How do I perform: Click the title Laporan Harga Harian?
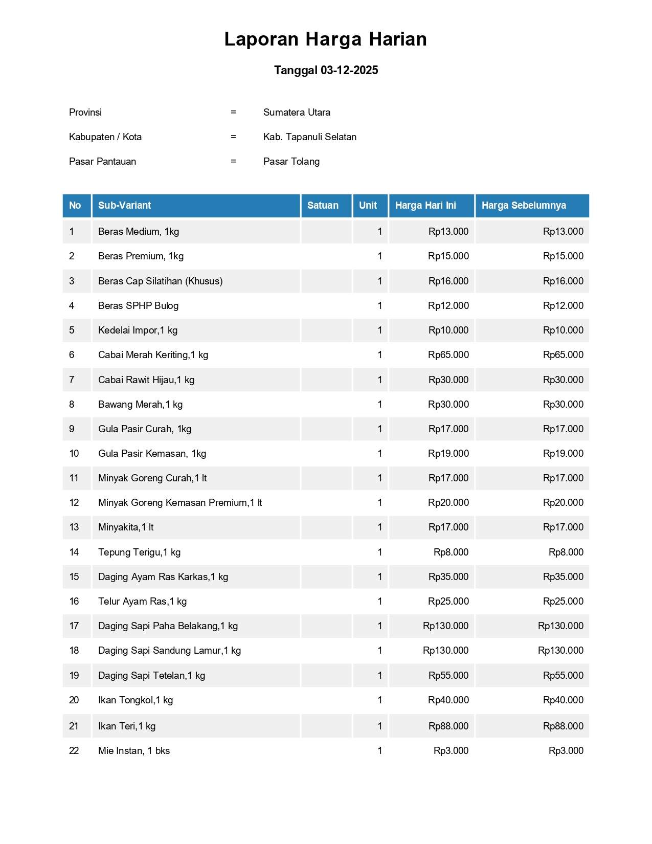click(325, 39)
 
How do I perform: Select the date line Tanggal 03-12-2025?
click(326, 70)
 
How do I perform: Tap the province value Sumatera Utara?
click(297, 112)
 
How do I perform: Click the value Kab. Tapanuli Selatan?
click(309, 137)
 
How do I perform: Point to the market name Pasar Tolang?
click(291, 161)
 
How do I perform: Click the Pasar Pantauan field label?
click(102, 161)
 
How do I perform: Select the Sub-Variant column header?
click(124, 205)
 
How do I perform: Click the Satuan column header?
click(323, 205)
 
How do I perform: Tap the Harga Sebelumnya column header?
click(524, 205)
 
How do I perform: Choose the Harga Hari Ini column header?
click(425, 205)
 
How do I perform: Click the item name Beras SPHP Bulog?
click(138, 305)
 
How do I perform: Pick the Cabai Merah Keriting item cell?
click(153, 354)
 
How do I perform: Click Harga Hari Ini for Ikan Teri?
click(448, 726)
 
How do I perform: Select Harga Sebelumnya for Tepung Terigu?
click(566, 552)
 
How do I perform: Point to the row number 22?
click(74, 750)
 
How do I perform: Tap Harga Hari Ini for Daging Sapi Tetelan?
click(448, 675)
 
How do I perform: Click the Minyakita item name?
click(126, 527)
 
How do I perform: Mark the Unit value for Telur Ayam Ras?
click(379, 601)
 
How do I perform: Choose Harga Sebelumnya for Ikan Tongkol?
click(563, 700)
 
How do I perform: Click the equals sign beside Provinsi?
click(233, 112)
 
